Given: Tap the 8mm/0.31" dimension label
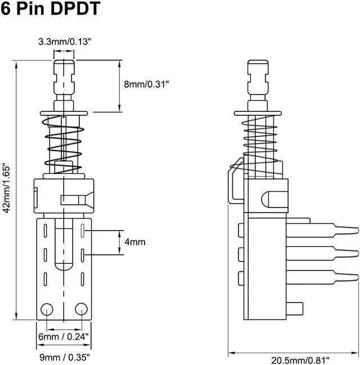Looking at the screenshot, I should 146,83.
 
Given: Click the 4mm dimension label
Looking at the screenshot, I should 134,242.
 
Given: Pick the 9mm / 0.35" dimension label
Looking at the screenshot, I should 64,357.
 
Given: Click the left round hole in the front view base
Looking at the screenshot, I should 47,308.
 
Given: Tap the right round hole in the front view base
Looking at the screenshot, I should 81,308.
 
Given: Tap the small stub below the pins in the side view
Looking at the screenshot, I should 295,308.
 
